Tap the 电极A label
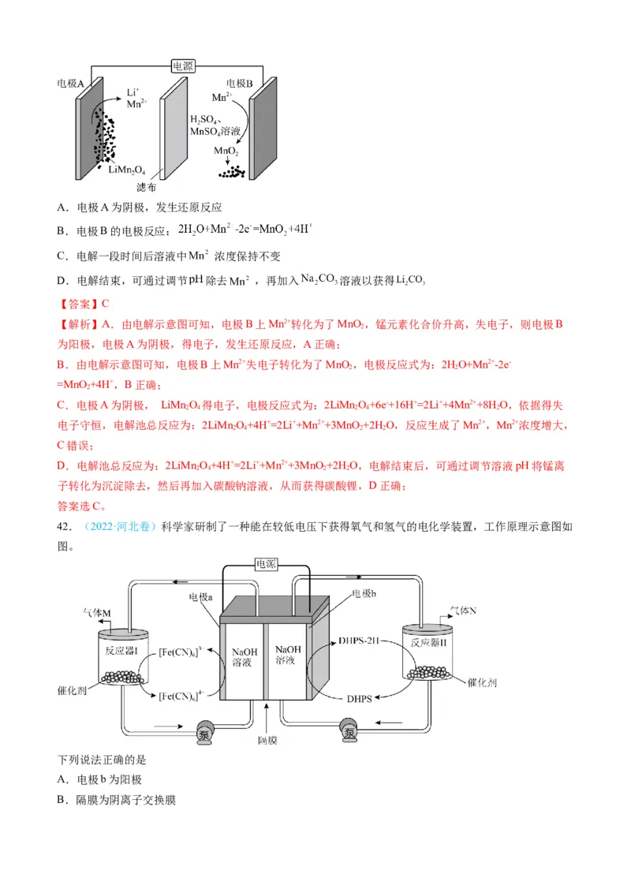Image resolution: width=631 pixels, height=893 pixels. click(70, 83)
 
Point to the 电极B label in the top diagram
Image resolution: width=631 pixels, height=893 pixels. click(239, 83)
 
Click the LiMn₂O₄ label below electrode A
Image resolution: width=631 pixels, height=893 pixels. click(127, 170)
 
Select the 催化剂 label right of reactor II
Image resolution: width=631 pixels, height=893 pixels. click(481, 683)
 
